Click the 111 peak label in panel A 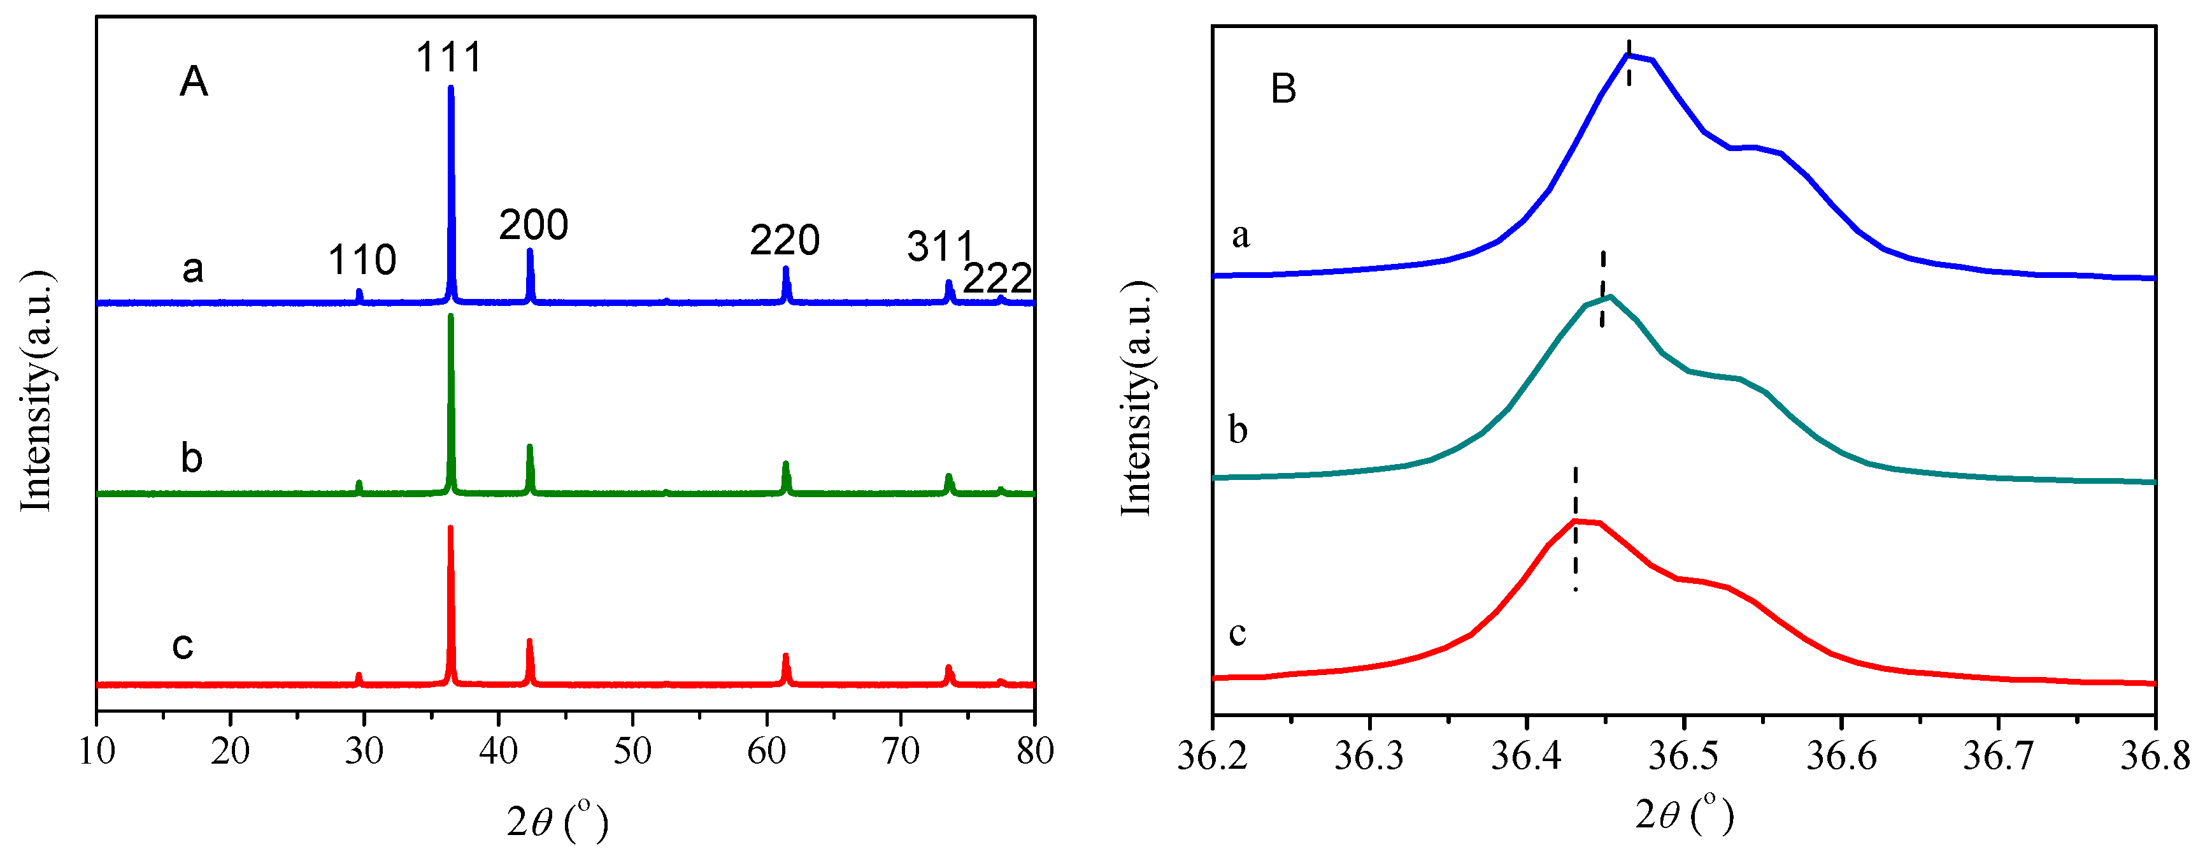pyautogui.click(x=448, y=57)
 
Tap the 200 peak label pyautogui.click(x=533, y=225)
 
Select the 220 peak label pyautogui.click(x=784, y=240)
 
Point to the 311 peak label pyautogui.click(x=940, y=247)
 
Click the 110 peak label pyautogui.click(x=362, y=259)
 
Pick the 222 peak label pyautogui.click(x=996, y=279)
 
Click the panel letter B pyautogui.click(x=1283, y=89)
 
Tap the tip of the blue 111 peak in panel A pyautogui.click(x=451, y=87)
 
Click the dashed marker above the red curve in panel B pyautogui.click(x=1575, y=528)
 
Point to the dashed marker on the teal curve pyautogui.click(x=1602, y=289)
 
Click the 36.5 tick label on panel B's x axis pyautogui.click(x=1684, y=756)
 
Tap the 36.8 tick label pyautogui.click(x=2155, y=756)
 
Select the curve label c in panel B pyautogui.click(x=1238, y=633)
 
